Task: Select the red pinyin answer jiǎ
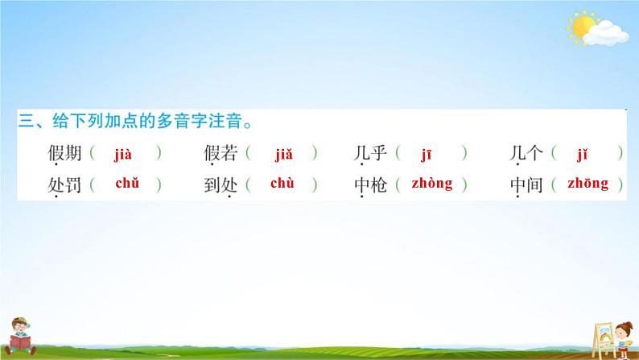[x=282, y=152]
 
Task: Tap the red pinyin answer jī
[x=429, y=152]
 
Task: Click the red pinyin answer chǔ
[x=127, y=184]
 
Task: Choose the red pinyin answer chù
[x=282, y=184]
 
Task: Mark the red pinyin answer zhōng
[x=587, y=184]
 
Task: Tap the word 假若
[x=221, y=153]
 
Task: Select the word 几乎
[x=371, y=153]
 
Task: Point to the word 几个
[x=527, y=153]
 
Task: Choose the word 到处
[x=221, y=185]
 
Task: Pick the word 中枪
[x=371, y=185]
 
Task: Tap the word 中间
[x=527, y=185]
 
